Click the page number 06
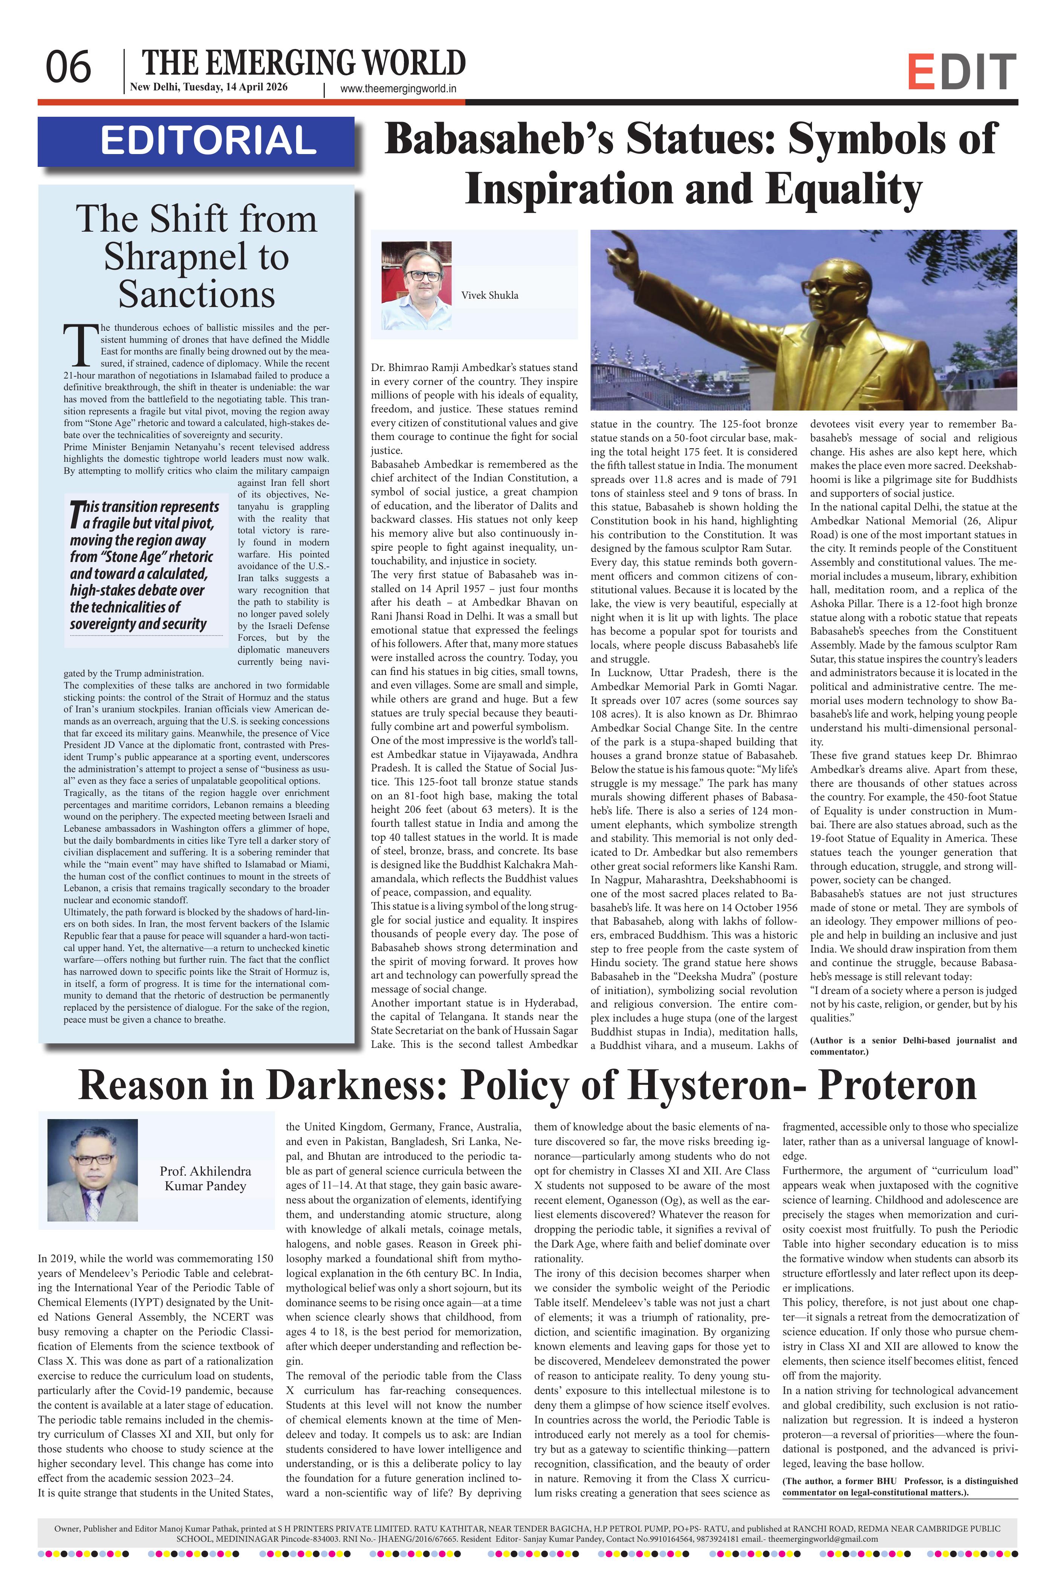pos(68,68)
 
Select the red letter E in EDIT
pos(920,73)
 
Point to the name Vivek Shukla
pos(489,295)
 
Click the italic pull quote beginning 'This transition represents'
pos(145,565)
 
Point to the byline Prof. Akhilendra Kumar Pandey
pos(205,1179)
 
